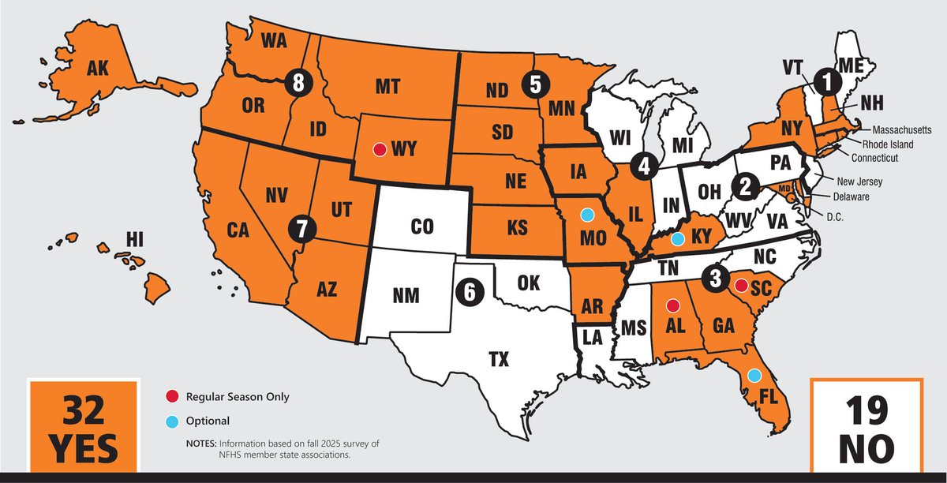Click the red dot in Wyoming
[x=380, y=148]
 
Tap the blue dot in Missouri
[x=587, y=214]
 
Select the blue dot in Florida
[x=754, y=375]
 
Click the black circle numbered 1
[x=826, y=79]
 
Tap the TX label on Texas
[x=498, y=360]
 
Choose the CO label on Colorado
[x=422, y=227]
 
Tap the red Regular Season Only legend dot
[x=171, y=397]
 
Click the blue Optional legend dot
[x=171, y=421]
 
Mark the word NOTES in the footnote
[x=201, y=444]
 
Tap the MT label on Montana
[x=387, y=88]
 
